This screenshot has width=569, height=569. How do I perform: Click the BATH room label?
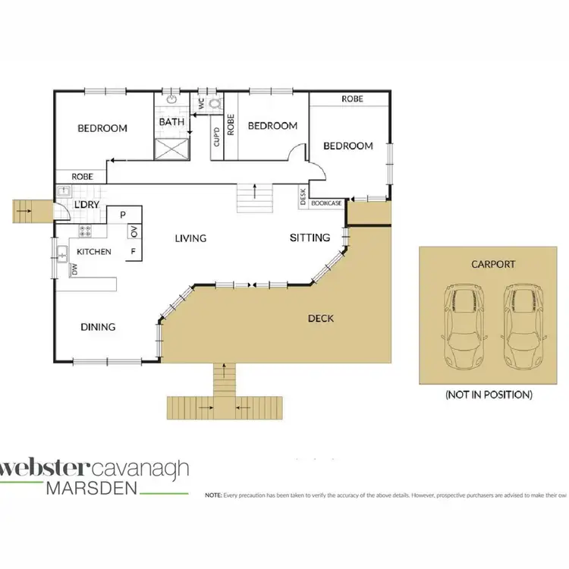[171, 121]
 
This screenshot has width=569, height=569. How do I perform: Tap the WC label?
[201, 104]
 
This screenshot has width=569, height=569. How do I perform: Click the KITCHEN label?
[95, 251]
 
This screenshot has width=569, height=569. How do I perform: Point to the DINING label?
[98, 327]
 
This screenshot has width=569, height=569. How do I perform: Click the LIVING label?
[190, 238]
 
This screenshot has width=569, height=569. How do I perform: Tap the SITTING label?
[310, 237]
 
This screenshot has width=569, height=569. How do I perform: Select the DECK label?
[321, 318]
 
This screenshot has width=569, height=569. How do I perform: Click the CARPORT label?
[492, 265]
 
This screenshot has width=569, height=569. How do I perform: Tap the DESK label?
[303, 198]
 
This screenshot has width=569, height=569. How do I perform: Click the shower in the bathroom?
[171, 148]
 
